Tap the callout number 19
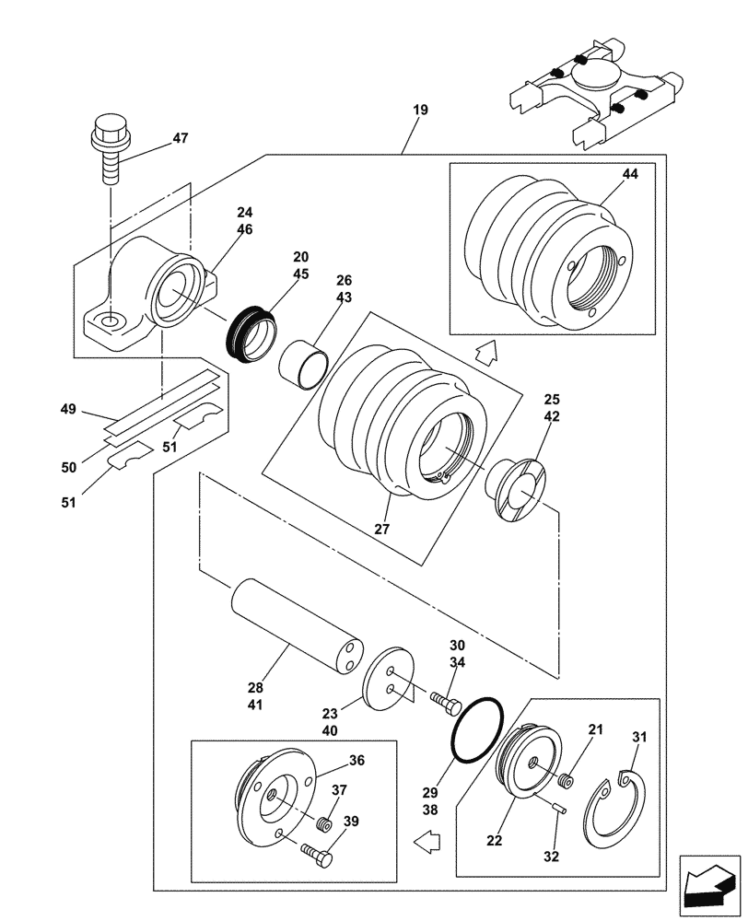(x=420, y=111)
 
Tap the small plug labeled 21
(x=565, y=782)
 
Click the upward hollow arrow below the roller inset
(x=486, y=351)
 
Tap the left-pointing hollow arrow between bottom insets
(x=427, y=839)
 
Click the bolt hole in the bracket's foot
(x=111, y=321)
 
